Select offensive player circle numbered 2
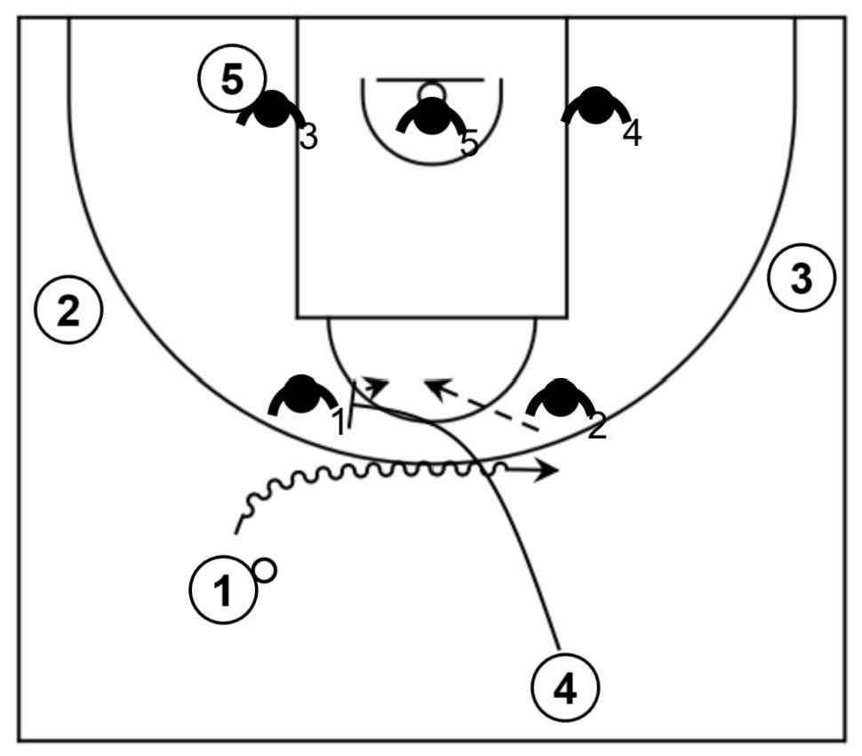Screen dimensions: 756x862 point(68,310)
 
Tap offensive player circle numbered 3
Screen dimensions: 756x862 point(802,278)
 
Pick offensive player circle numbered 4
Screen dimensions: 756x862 point(565,688)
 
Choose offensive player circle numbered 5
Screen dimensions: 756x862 point(231,80)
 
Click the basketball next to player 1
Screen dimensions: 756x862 point(265,570)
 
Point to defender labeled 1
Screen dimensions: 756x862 point(301,394)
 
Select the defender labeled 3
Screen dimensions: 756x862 point(272,109)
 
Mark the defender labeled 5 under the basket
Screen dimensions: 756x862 point(431,116)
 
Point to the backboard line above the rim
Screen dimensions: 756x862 point(431,79)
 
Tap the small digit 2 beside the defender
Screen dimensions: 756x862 point(597,427)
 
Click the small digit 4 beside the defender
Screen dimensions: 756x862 point(632,134)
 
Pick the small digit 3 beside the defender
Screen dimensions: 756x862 point(308,138)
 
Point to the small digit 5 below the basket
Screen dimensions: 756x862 point(469,142)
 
